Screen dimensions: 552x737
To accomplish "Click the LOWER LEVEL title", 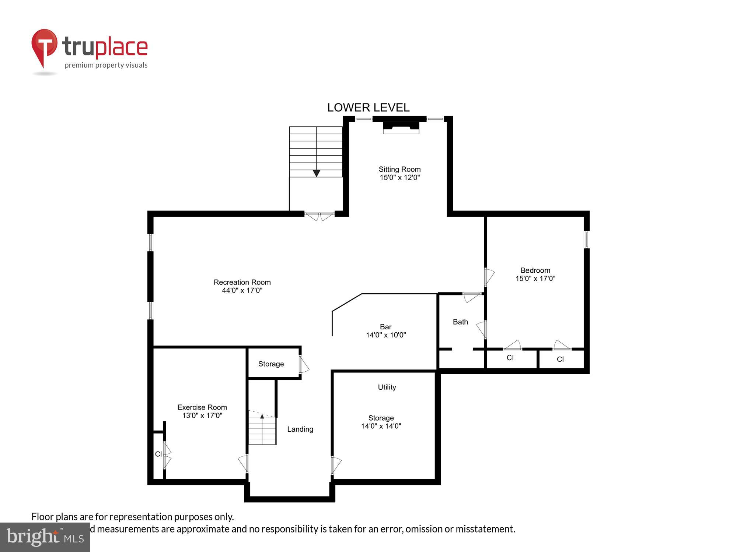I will (x=368, y=107).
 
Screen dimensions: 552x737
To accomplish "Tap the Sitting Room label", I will (x=399, y=169).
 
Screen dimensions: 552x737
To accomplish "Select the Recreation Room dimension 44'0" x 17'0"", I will (x=242, y=290).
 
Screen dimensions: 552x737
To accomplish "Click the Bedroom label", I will (x=535, y=270).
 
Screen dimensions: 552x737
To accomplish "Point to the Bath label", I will (x=460, y=322).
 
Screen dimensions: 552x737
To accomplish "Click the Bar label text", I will (x=385, y=327).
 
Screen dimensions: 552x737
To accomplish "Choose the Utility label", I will (x=387, y=387).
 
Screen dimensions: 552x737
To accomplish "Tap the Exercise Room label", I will (x=202, y=407).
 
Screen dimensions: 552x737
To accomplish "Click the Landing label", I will (x=300, y=429).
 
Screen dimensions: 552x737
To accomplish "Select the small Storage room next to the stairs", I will (x=271, y=364).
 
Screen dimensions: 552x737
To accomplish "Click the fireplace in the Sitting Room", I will (x=401, y=127).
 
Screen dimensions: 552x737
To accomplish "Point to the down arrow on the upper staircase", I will (x=316, y=173).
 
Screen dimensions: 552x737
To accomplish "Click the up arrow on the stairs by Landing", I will (x=262, y=416).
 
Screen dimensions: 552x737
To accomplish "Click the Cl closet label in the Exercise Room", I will (x=158, y=454).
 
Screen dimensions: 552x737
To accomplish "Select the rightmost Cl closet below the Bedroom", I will (x=560, y=359).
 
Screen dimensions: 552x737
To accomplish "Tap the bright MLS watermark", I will (x=45, y=537).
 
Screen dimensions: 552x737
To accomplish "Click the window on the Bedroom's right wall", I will (x=587, y=239).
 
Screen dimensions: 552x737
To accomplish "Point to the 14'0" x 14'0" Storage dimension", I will (x=381, y=426).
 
